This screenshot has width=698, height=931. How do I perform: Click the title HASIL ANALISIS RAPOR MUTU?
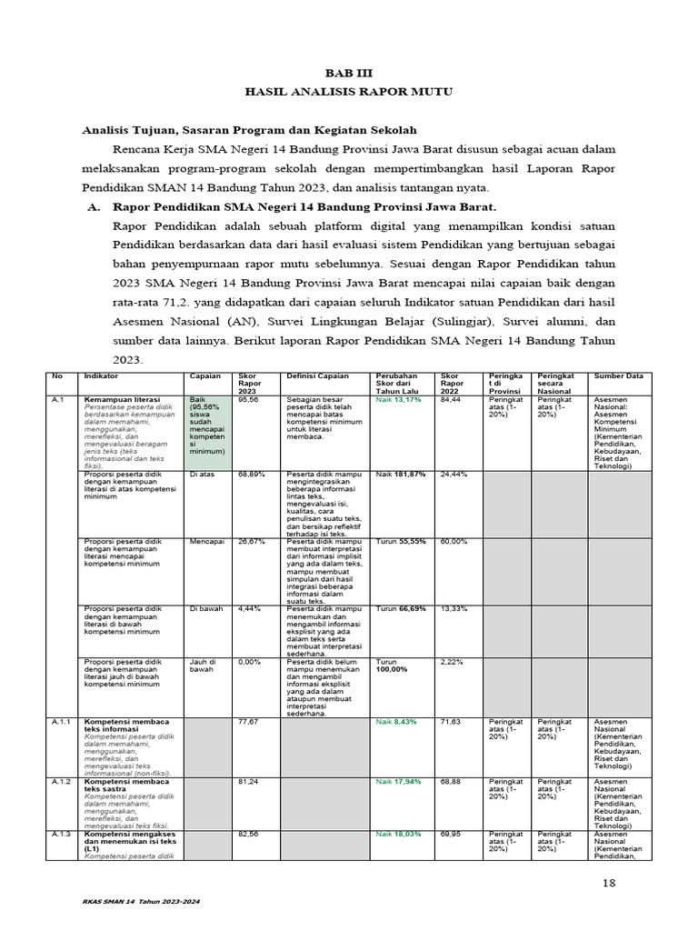348,92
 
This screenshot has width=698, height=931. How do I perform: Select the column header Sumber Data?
618,375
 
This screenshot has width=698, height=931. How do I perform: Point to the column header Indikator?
101,375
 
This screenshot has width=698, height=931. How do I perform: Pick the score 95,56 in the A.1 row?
248,399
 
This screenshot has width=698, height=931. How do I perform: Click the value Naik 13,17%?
399,399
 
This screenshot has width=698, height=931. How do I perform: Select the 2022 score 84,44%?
453,399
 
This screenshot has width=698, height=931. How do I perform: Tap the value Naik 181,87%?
402,474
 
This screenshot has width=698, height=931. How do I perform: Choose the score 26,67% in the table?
251,541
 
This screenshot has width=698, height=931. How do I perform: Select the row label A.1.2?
62,781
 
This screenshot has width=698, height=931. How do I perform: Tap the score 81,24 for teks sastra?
248,781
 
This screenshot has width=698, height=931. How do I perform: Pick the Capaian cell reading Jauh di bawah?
201,666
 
